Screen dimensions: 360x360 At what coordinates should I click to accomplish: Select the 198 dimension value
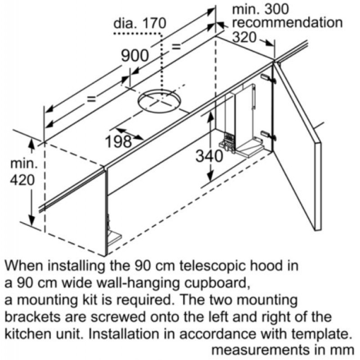pos(118,141)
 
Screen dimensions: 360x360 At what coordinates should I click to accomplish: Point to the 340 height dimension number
pos(209,156)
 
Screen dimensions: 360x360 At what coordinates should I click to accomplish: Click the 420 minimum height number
pos(22,180)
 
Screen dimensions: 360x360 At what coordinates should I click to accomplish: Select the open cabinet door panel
pos(299,148)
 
